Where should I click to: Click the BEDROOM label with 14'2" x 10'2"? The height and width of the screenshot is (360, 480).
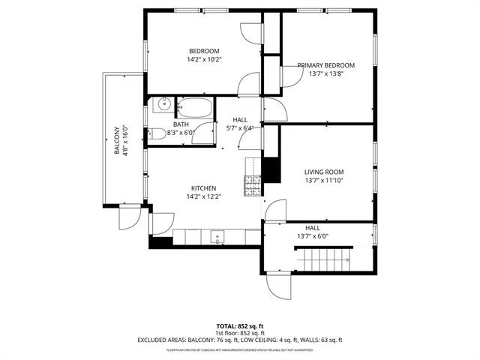click(204, 51)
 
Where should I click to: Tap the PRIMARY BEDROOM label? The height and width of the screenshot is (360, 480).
click(325, 65)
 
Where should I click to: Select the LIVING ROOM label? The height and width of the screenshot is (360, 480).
click(324, 172)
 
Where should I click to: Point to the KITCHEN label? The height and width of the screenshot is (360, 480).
click(204, 188)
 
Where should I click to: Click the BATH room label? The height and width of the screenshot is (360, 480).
click(181, 124)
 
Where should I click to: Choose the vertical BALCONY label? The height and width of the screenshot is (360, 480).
click(117, 139)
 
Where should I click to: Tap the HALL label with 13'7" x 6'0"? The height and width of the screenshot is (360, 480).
click(313, 227)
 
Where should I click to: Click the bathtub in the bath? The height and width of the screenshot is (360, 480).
click(195, 106)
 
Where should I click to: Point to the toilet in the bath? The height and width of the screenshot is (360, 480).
click(157, 133)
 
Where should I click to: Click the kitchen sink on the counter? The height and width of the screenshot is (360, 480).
click(218, 238)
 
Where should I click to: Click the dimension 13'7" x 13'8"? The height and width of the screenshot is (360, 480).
click(325, 74)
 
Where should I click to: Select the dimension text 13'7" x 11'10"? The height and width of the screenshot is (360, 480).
click(324, 181)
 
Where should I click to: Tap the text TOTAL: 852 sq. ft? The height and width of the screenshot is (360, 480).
click(239, 325)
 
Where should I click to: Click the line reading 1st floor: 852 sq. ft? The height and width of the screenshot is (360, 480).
click(239, 332)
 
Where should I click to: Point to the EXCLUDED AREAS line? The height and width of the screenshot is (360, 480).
click(239, 340)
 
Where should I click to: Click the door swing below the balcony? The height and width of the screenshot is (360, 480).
click(127, 217)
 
